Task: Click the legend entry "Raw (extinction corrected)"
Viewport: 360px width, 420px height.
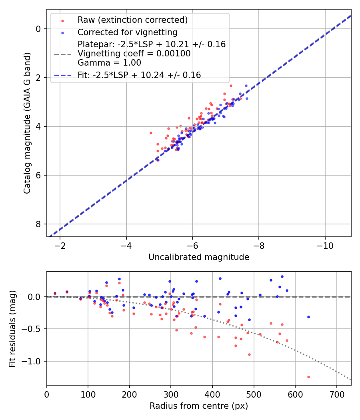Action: click(x=132, y=20)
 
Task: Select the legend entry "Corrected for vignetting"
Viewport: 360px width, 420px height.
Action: click(x=127, y=32)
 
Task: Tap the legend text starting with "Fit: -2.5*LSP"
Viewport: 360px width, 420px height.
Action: click(x=139, y=75)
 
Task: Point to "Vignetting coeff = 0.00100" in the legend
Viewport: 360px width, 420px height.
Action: click(x=134, y=54)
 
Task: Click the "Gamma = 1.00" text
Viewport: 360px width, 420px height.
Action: click(x=109, y=63)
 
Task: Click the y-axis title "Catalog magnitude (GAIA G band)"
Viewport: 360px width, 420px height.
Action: click(x=27, y=123)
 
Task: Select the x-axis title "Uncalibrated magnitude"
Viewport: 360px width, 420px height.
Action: click(x=199, y=257)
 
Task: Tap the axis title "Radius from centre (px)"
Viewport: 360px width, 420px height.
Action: click(x=199, y=406)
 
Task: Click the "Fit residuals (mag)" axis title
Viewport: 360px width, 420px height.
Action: click(x=12, y=328)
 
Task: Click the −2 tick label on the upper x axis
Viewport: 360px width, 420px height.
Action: click(x=60, y=245)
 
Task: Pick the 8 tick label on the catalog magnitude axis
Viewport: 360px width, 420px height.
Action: click(x=38, y=224)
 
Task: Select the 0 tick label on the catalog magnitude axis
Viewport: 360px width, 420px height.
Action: click(x=38, y=29)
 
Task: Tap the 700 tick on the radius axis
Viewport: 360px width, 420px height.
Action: click(x=336, y=394)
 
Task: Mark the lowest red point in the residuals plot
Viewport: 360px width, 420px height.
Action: click(x=308, y=377)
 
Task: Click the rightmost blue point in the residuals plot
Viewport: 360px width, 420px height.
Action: click(x=308, y=317)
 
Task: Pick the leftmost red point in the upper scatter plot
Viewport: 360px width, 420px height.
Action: click(x=151, y=133)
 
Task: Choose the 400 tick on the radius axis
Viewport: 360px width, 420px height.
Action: click(x=212, y=394)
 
